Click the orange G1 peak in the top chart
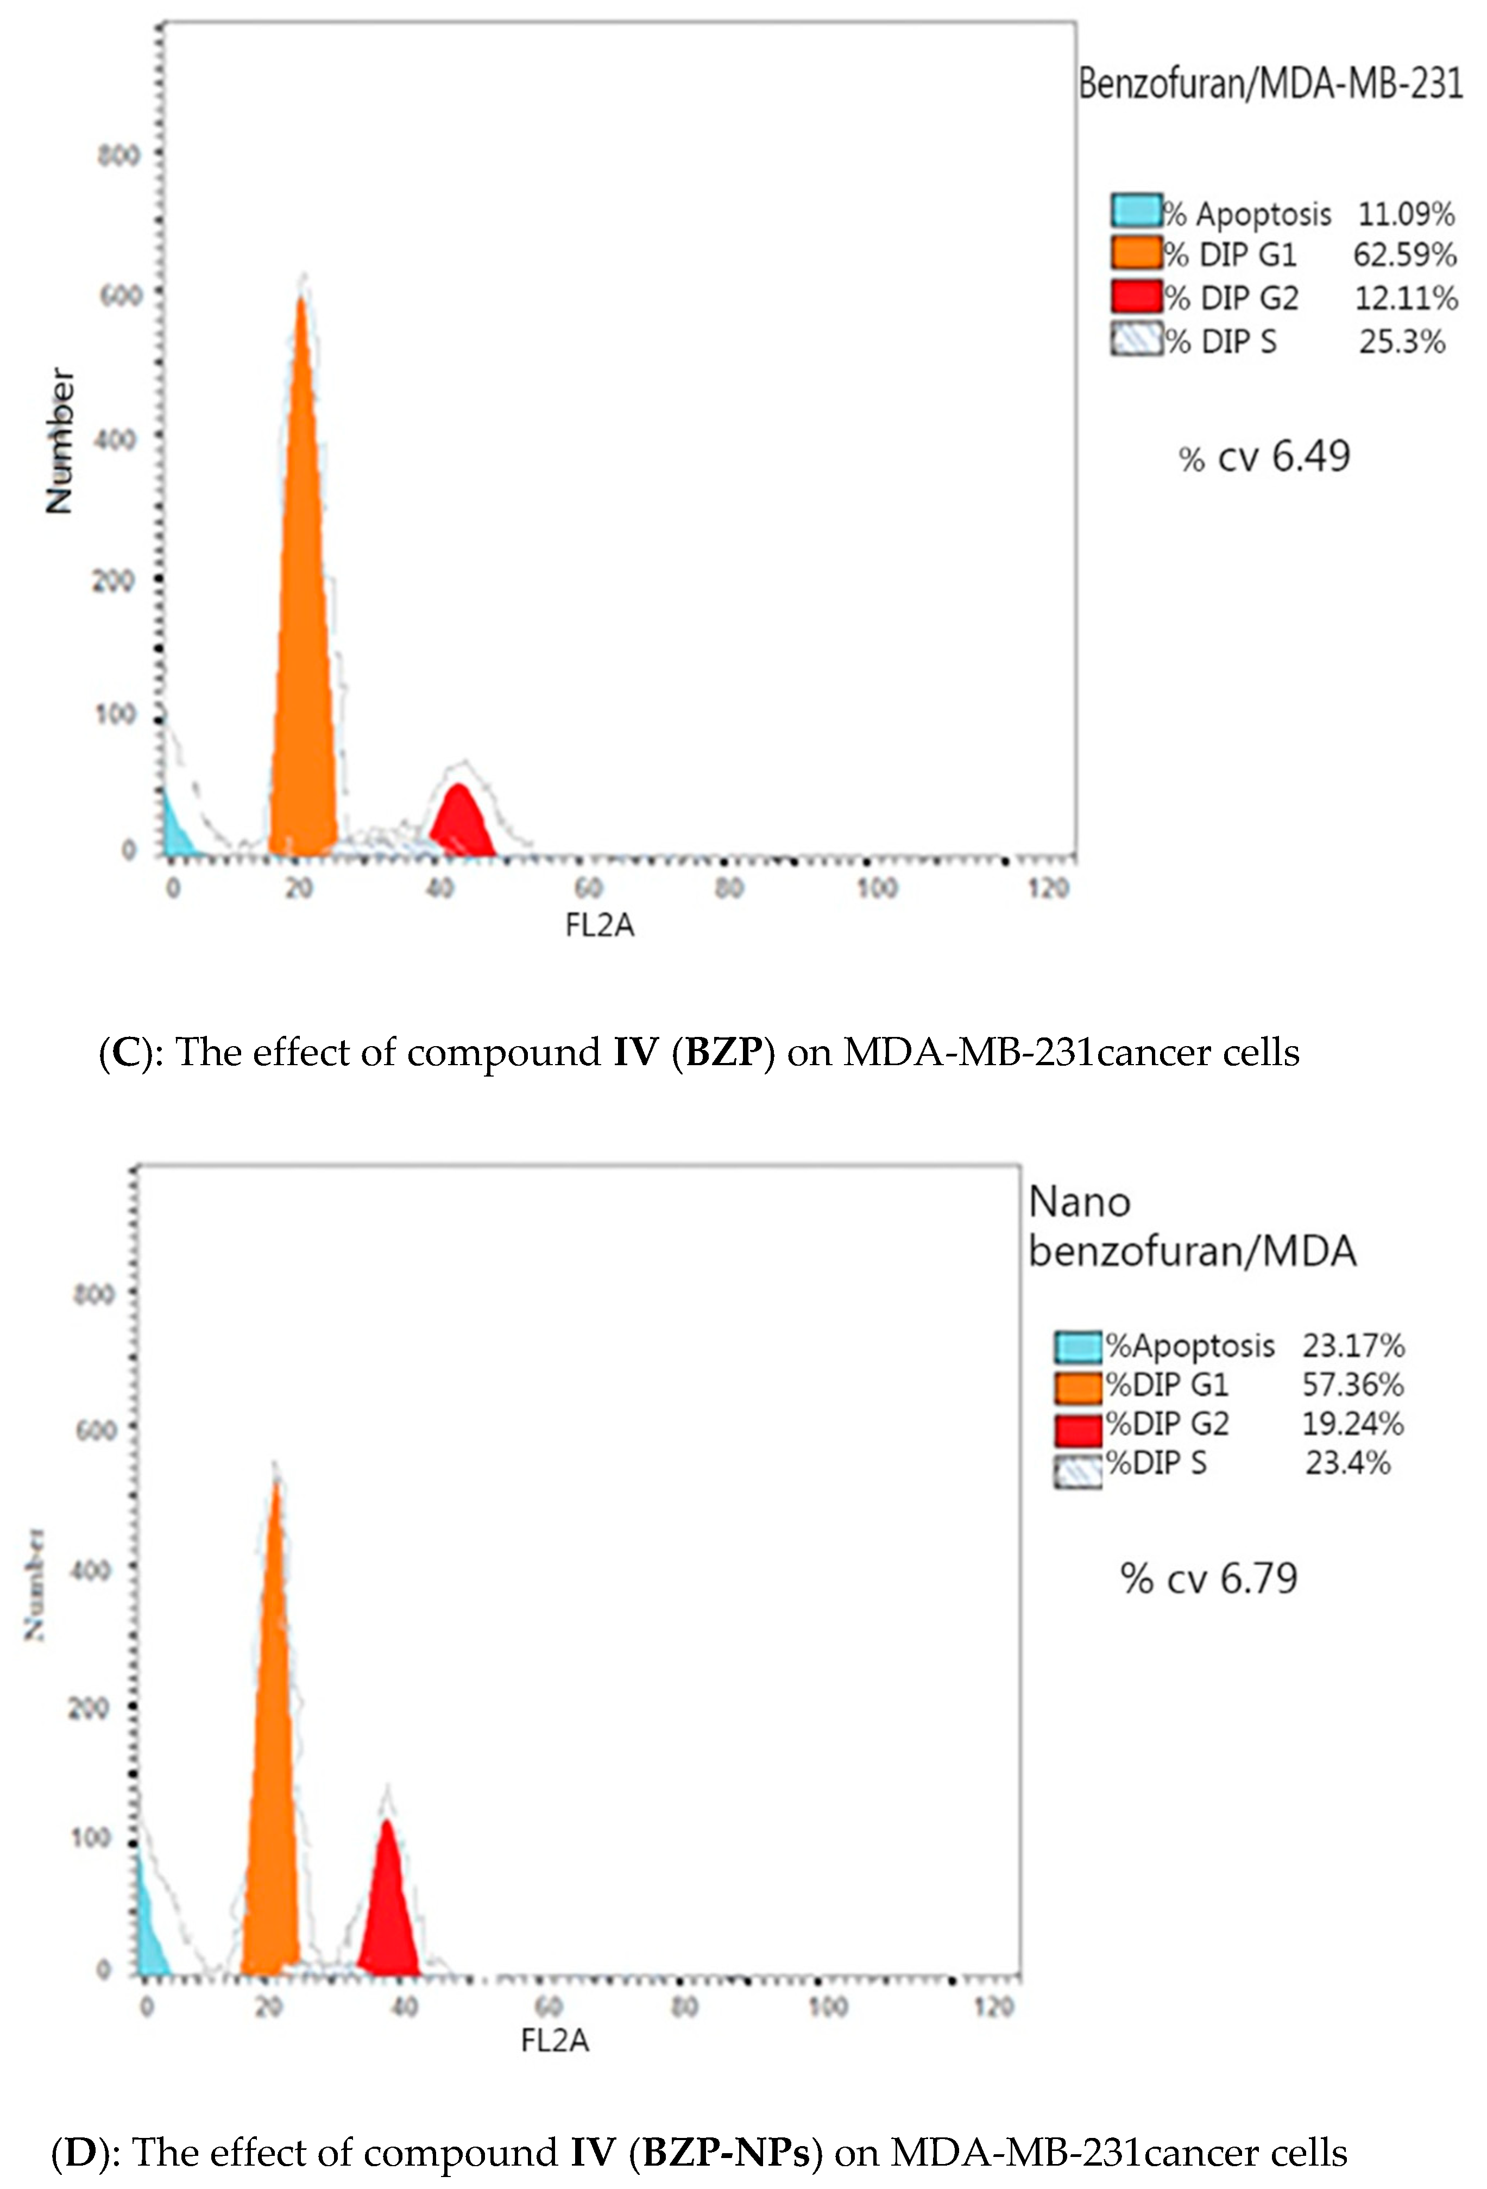pyautogui.click(x=303, y=659)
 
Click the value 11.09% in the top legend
pyautogui.click(x=1405, y=215)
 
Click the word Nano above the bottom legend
pyautogui.click(x=1079, y=1203)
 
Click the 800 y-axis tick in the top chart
pyautogui.click(x=118, y=154)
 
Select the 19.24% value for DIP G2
pyautogui.click(x=1352, y=1424)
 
